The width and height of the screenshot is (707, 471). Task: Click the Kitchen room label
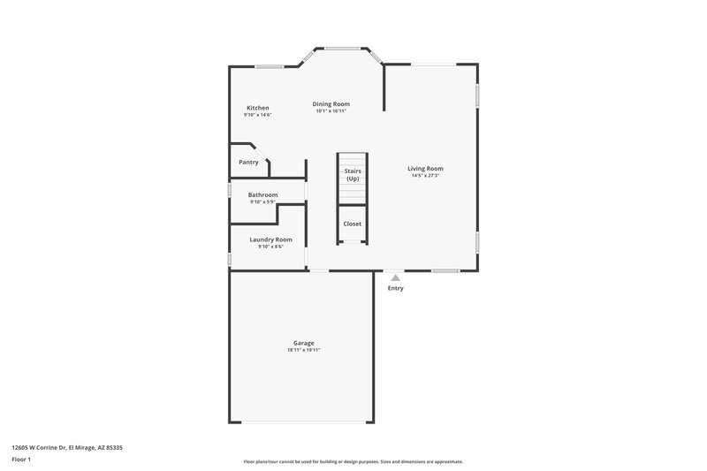click(258, 108)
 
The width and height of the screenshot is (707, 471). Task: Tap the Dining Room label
click(331, 104)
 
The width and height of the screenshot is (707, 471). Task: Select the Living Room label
click(425, 169)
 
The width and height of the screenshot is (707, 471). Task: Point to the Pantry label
click(248, 162)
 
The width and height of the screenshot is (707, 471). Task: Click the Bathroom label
click(262, 195)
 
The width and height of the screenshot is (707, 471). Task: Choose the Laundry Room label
click(270, 239)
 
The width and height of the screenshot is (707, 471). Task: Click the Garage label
click(303, 343)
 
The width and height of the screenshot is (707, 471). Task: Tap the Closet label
click(353, 224)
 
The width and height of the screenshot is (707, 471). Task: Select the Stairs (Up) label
click(353, 174)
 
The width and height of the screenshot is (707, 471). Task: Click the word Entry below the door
click(395, 288)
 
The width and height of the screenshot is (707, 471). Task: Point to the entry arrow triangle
click(395, 277)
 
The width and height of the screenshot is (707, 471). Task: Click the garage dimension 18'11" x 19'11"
click(303, 350)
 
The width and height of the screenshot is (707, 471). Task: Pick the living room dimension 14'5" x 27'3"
click(425, 176)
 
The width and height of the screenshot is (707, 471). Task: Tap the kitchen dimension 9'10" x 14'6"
click(258, 115)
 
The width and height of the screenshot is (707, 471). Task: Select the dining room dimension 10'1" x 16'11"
click(331, 111)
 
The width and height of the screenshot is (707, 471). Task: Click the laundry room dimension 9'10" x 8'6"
click(270, 247)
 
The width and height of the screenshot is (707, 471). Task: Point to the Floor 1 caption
click(21, 460)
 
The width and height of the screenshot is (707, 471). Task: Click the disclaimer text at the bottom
click(353, 461)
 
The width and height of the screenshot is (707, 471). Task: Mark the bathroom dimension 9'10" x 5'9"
click(262, 202)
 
